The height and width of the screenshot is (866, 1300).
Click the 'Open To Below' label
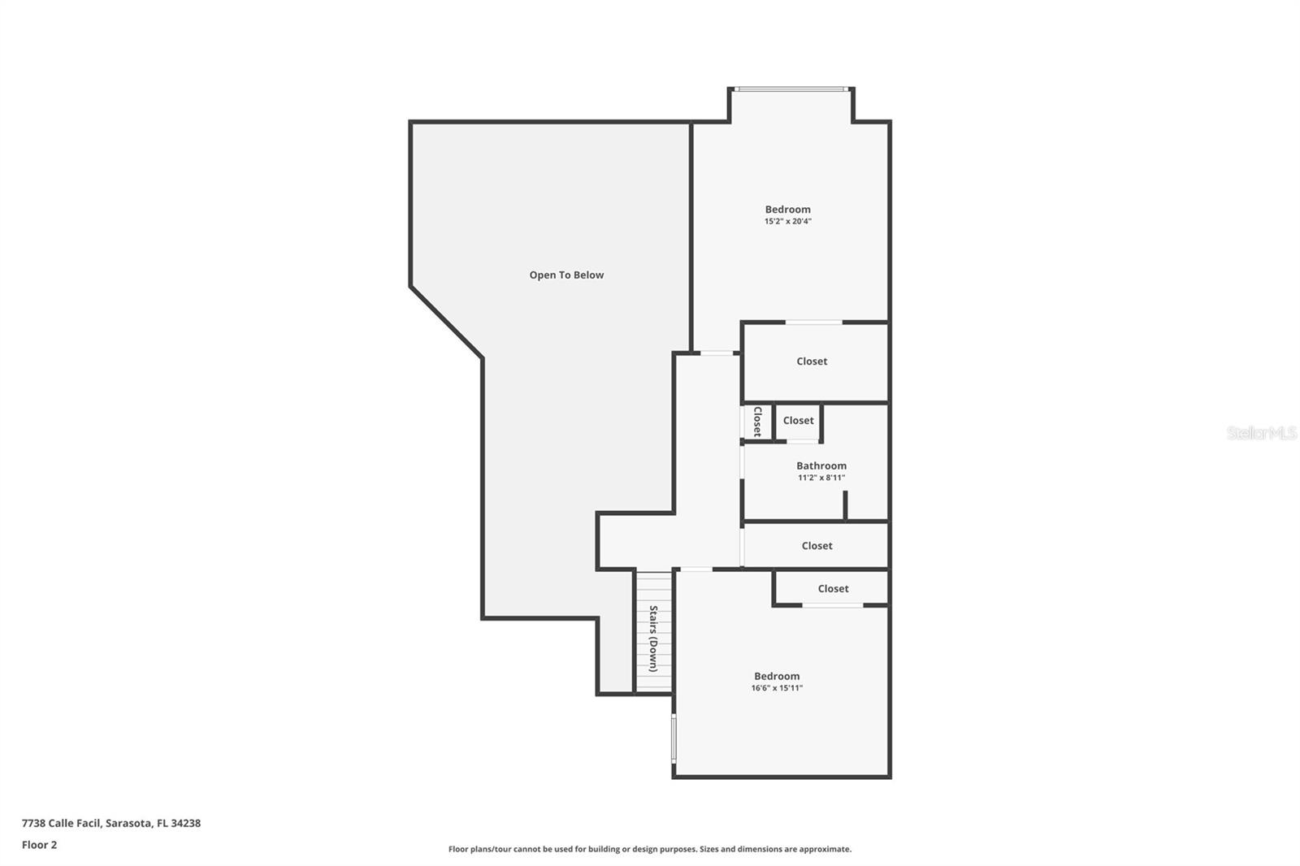coord(566,275)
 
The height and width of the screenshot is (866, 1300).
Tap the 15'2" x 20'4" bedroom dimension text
coord(787,221)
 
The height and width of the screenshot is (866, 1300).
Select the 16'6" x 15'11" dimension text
coord(777,688)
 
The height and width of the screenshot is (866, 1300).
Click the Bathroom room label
coord(821,465)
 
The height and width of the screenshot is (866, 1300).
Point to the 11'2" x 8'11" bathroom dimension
coord(821,478)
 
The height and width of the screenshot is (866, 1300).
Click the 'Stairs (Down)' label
coord(653,639)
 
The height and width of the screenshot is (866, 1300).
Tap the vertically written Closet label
coord(757,422)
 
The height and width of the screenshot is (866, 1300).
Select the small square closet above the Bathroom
coord(798,421)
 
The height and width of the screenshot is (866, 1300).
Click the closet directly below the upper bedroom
coord(812,362)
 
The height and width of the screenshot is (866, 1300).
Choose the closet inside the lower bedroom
coord(833,588)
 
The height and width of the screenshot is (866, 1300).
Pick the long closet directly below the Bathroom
coord(817,546)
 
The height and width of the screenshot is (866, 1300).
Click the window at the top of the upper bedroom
coord(791,89)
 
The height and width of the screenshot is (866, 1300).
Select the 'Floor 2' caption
coord(39,845)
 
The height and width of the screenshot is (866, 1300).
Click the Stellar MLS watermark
coord(1261,433)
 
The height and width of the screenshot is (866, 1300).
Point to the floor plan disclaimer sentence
coord(650,849)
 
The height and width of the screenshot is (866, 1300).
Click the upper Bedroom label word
coord(787,209)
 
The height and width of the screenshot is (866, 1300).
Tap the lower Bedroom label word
coord(777,676)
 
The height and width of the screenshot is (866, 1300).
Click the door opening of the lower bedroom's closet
coord(833,604)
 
